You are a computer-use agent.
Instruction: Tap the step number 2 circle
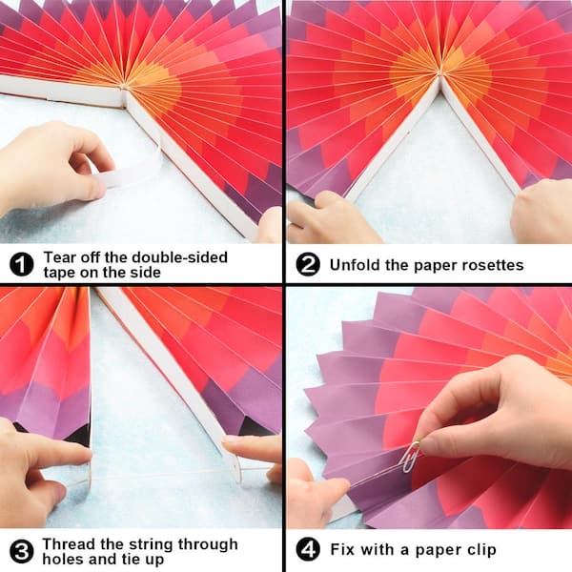[x=308, y=264]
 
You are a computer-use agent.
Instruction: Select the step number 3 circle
[x=22, y=550]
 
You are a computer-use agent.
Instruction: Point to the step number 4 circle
[x=308, y=550]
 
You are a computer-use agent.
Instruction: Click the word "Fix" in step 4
[x=344, y=550]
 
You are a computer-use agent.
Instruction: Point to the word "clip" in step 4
[x=477, y=550]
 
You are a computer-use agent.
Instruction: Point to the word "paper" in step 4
[x=427, y=550]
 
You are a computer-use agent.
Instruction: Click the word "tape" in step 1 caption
[x=60, y=274]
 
